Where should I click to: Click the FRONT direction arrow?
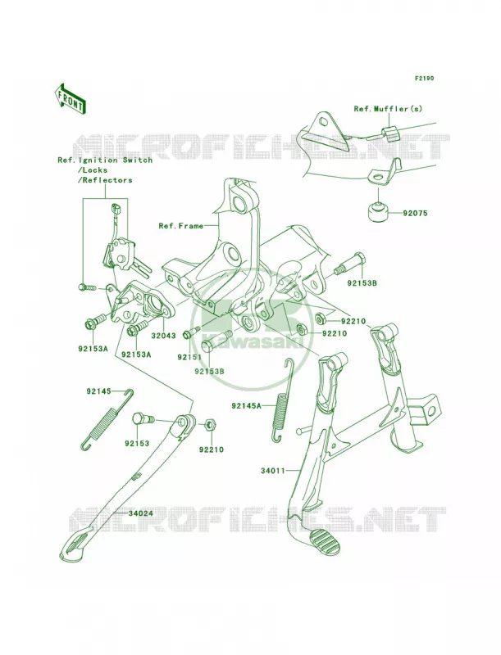(x=70, y=98)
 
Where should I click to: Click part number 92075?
(x=415, y=213)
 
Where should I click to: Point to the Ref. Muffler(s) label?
(x=388, y=109)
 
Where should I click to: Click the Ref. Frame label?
(x=180, y=226)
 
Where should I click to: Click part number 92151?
(x=189, y=357)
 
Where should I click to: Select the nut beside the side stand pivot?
(x=211, y=427)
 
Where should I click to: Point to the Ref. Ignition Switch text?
(x=105, y=160)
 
